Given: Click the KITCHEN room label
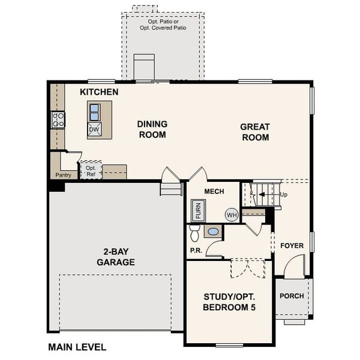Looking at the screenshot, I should point(99,92).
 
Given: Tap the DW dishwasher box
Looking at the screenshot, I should point(94,129).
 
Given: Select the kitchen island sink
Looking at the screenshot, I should point(94,112).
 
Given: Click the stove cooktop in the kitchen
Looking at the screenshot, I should point(58,119).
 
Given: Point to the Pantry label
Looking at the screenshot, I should point(63,175).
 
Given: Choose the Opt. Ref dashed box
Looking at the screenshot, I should point(91,170).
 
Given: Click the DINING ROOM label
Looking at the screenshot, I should point(152,129).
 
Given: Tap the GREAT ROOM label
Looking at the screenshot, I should point(254,132).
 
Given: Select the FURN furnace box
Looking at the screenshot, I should point(198,211).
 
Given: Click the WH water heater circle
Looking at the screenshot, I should point(232,215).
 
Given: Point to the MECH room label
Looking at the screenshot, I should point(214,191).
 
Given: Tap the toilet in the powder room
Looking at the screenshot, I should point(194,232).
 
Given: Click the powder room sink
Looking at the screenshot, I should point(213,232).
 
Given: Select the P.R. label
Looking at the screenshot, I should point(195,250).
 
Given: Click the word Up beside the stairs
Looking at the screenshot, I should point(284,195).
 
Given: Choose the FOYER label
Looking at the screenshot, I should point(292,245).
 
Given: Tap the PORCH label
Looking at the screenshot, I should point(292,296).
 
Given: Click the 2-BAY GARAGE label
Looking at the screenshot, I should point(115,257).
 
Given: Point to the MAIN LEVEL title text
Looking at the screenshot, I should point(77,347).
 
